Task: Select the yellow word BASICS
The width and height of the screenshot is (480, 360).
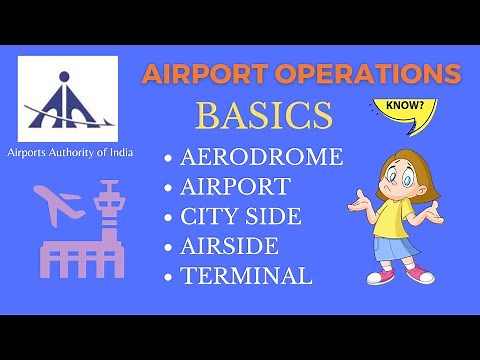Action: pos(264,117)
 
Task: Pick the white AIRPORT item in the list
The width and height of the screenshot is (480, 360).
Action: pos(236,187)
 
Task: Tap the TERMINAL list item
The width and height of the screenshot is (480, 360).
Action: pos(247,274)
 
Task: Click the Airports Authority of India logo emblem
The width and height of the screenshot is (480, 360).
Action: pos(67,97)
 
